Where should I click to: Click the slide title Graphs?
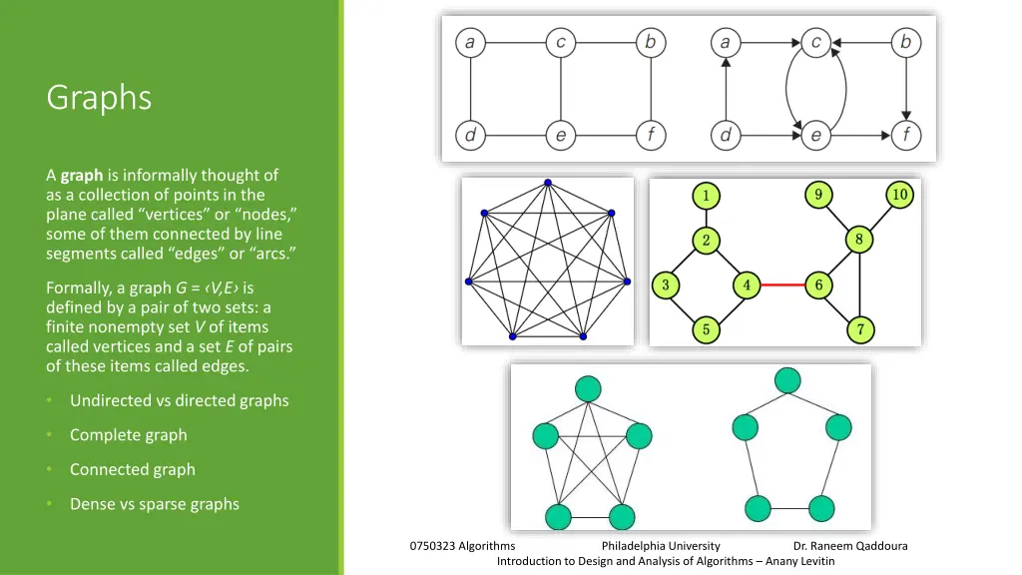coord(99,98)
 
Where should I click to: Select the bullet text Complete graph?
coord(128,435)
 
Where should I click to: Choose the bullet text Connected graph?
coord(132,469)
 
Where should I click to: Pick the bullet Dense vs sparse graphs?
coord(154,504)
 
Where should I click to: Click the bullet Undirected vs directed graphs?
coord(179,400)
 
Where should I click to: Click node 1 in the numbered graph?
coord(706,196)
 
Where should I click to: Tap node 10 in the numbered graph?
coord(899,195)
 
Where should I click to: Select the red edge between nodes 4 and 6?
coord(781,286)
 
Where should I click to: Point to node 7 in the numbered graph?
coord(858,328)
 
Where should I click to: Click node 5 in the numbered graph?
coord(706,328)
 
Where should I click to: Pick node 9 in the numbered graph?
coord(817,195)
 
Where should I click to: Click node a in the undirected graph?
coord(469,43)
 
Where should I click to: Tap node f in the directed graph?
coord(906,135)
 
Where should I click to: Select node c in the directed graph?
coord(816,43)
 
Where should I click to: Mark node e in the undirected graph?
coord(560,135)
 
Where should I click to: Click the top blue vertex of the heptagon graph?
coord(547,183)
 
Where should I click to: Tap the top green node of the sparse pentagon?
coord(788,380)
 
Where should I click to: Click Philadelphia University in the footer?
coord(661,546)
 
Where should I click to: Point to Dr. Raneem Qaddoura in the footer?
coord(850,546)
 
